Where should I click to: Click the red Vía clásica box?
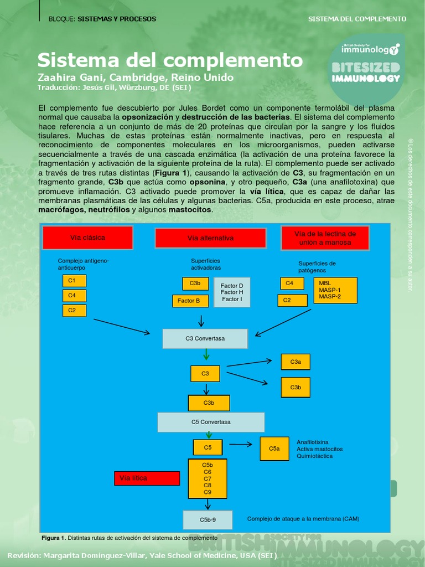pyautogui.click(x=87, y=238)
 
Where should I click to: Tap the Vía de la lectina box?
pyautogui.click(x=324, y=238)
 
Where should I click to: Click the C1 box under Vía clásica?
pyautogui.click(x=74, y=281)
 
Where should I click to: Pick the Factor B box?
pyautogui.click(x=190, y=301)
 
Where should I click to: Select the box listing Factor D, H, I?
pyautogui.click(x=232, y=292)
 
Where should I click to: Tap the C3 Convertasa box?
pyautogui.click(x=205, y=338)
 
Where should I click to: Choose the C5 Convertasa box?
pyautogui.click(x=211, y=422)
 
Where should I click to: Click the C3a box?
pyautogui.click(x=296, y=362)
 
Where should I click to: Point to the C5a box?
pyautogui.click(x=274, y=449)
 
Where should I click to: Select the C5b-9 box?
pyautogui.click(x=208, y=520)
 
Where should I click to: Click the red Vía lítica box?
pyautogui.click(x=147, y=478)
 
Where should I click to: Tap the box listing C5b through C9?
pyautogui.click(x=208, y=478)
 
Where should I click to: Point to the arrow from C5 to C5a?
pyautogui.click(x=241, y=444)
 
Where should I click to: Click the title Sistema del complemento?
pyautogui.click(x=170, y=60)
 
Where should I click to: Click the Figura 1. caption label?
pyautogui.click(x=54, y=538)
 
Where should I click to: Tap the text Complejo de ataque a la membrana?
pyautogui.click(x=303, y=519)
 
